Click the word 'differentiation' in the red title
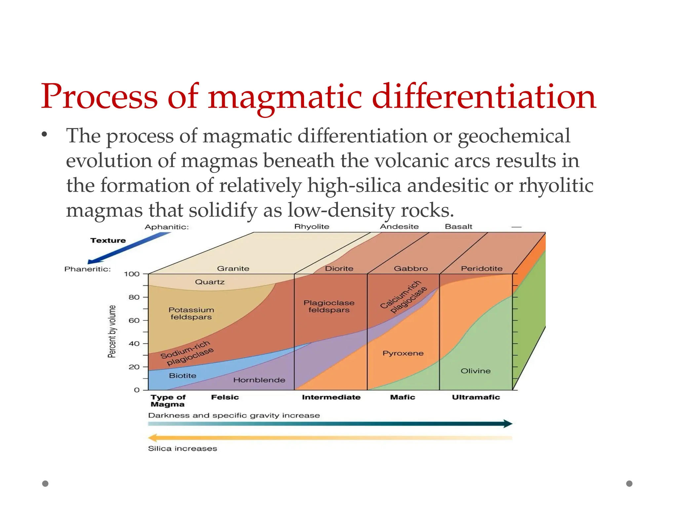pos(484,96)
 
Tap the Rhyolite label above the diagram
pos(312,227)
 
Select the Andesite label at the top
pos(399,227)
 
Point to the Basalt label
pos(458,227)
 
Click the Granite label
pos(233,269)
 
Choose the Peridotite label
pos(482,269)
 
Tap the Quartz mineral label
pos(210,282)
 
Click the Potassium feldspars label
pos(191,314)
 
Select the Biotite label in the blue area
pos(182,376)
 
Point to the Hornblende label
pos(259,380)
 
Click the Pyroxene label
pos(403,354)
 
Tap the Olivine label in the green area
pos(476,371)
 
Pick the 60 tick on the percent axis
pos(134,321)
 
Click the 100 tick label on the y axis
pos(132,274)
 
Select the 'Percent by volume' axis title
pos(112,331)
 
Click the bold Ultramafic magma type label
pos(476,397)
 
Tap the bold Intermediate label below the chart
pos(331,397)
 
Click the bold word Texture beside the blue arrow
pos(108,241)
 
